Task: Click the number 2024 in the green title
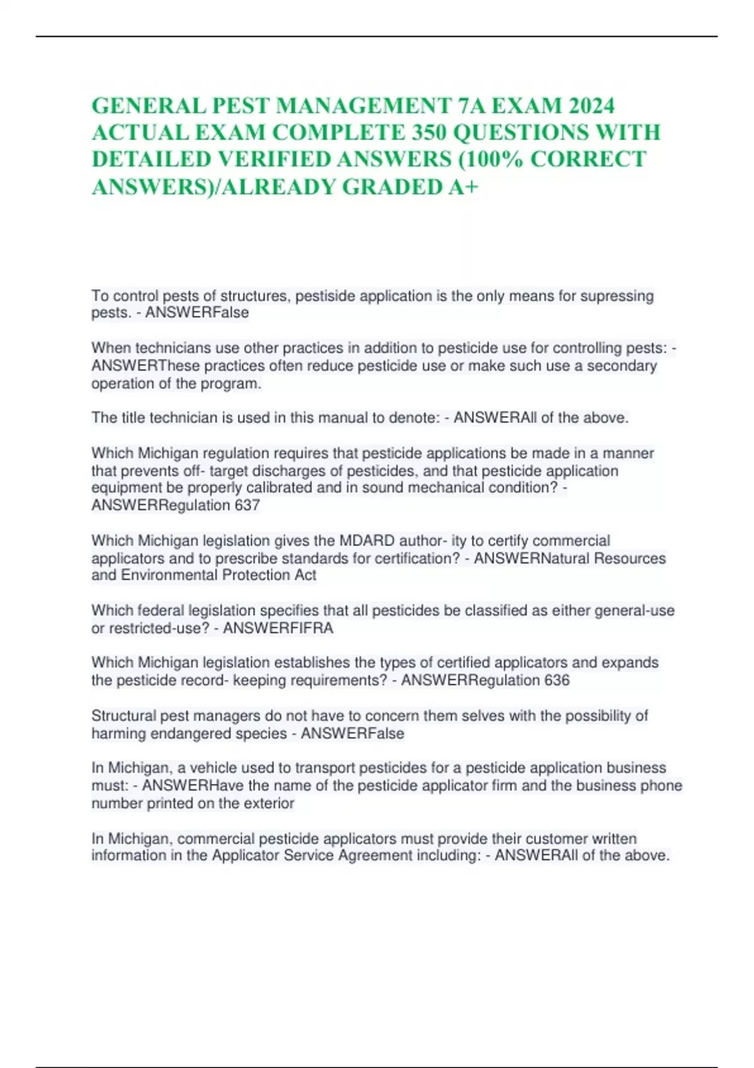(x=591, y=106)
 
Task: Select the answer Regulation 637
(x=210, y=505)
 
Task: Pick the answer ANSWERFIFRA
(x=278, y=628)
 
